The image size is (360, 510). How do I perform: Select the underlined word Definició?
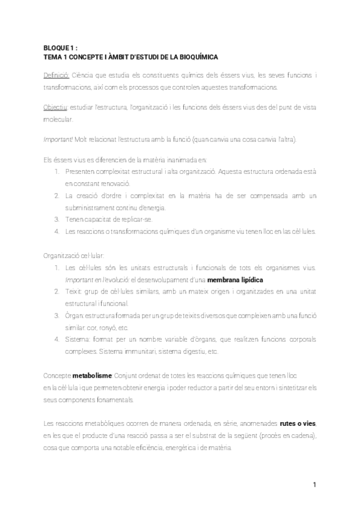click(56, 75)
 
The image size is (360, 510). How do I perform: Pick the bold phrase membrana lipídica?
click(235, 280)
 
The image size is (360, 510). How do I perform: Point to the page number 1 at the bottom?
click(314, 485)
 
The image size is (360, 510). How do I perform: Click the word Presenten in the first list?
click(80, 171)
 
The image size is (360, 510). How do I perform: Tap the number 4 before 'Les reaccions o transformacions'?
click(55, 231)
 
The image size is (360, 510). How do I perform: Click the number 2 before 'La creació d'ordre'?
click(55, 196)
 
